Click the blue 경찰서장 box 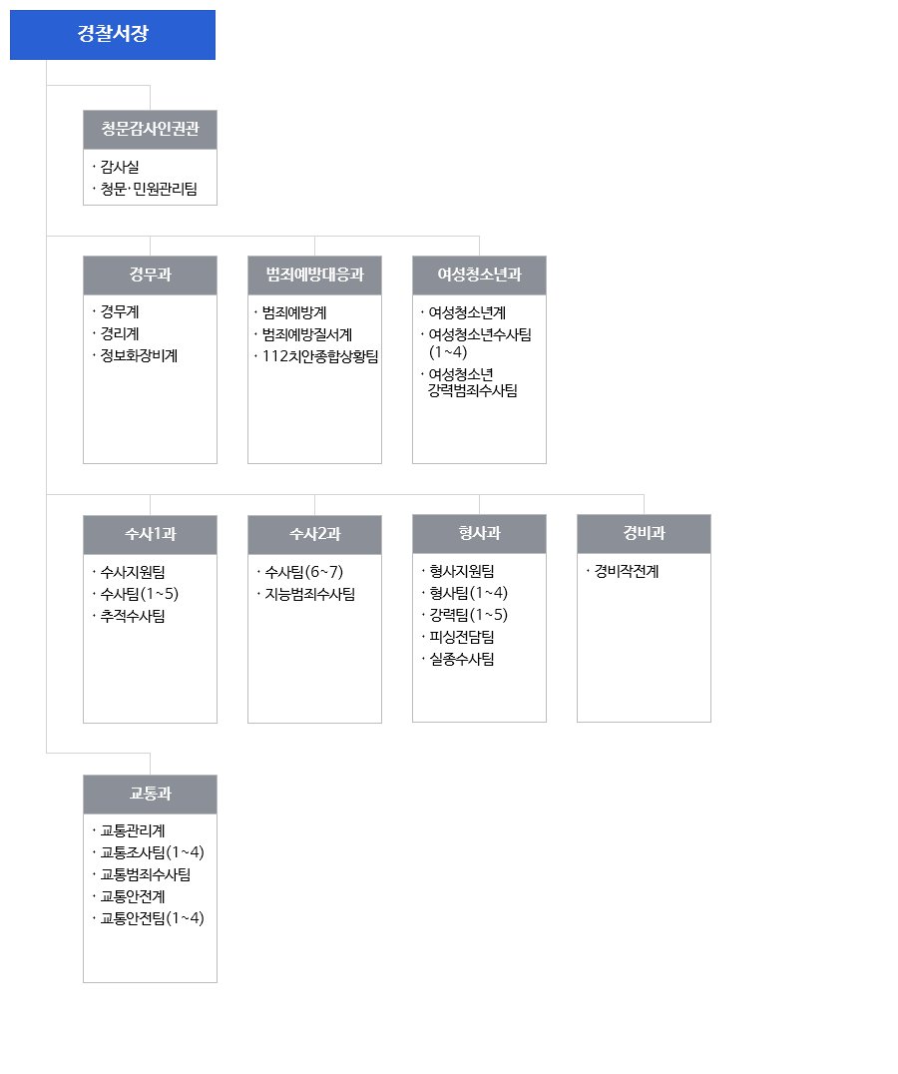pyautogui.click(x=112, y=35)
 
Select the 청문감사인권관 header pyautogui.click(x=150, y=130)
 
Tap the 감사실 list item pyautogui.click(x=120, y=167)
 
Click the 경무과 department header pyautogui.click(x=150, y=275)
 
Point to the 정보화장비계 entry pyautogui.click(x=139, y=355)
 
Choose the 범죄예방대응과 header pyautogui.click(x=315, y=275)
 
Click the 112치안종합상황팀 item pyautogui.click(x=320, y=356)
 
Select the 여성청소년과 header pyautogui.click(x=479, y=275)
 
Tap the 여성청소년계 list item pyautogui.click(x=468, y=312)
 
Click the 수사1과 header pyautogui.click(x=150, y=535)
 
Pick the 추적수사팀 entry pyautogui.click(x=133, y=616)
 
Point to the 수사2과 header pyautogui.click(x=315, y=535)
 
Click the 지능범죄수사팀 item pyautogui.click(x=310, y=594)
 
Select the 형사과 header pyautogui.click(x=479, y=534)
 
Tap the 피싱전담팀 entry pyautogui.click(x=462, y=637)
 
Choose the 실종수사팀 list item pyautogui.click(x=462, y=659)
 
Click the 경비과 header pyautogui.click(x=645, y=534)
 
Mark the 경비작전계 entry pyautogui.click(x=627, y=571)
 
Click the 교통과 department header pyautogui.click(x=150, y=795)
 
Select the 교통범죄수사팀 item pyautogui.click(x=146, y=874)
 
